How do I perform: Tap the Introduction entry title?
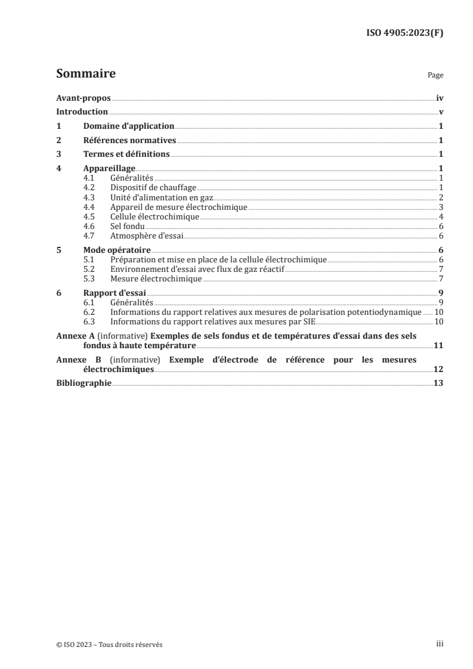click(82, 112)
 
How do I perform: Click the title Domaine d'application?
click(128, 126)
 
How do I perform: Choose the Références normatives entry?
click(129, 141)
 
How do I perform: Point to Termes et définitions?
click(126, 154)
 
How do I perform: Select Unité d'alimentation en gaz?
click(162, 197)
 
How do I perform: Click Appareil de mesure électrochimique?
click(178, 207)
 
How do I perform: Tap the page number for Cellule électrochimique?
click(440, 216)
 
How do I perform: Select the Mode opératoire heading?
click(116, 250)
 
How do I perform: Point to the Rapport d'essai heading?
click(115, 293)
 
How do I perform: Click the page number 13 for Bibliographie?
click(438, 383)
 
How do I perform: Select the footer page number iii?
click(440, 645)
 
